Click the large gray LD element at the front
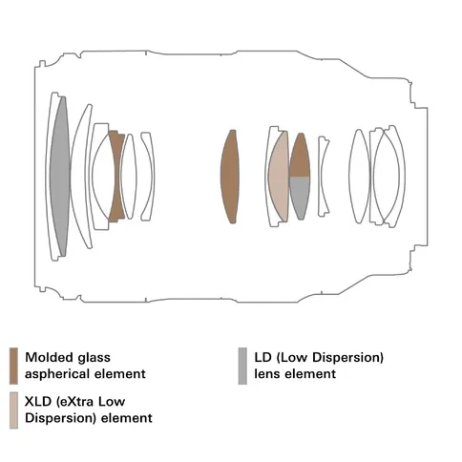[60, 177]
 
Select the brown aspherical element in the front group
[115, 176]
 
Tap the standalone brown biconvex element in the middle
[230, 177]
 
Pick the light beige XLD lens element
[279, 177]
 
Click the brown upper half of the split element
[300, 156]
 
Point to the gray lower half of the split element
[300, 197]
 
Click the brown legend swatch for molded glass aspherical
[13, 366]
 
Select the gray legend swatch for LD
[242, 366]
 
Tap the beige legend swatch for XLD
[13, 410]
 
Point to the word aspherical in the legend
[57, 374]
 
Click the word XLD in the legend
[38, 402]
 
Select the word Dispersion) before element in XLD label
[60, 418]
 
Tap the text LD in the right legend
[262, 357]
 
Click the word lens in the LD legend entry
[267, 374]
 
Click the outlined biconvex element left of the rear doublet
[360, 177]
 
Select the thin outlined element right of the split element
[323, 177]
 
